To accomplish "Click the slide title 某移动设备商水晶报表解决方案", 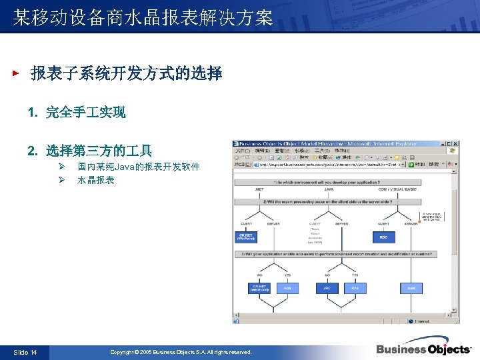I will [143, 18].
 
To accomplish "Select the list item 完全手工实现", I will [85, 113].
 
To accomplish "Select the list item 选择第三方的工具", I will [99, 151].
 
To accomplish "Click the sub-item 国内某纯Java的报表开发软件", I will [138, 167].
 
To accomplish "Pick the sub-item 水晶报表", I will [96, 180].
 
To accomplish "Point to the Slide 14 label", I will [25, 352].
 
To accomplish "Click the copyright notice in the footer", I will [181, 352].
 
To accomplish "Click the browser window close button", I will [455, 143].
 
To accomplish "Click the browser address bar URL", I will [327, 164].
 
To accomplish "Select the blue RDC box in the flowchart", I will [383, 237].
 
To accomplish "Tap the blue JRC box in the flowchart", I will [327, 288].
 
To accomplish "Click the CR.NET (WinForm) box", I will [247, 237].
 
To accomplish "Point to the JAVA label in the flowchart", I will [329, 189].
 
